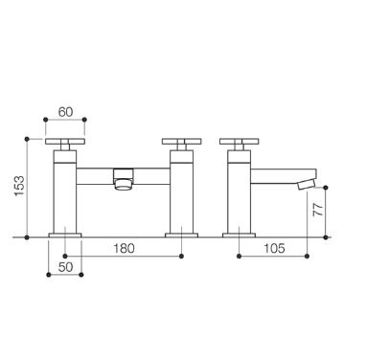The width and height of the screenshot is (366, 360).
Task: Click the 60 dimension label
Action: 65,112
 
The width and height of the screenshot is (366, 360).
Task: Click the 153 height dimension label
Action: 19,186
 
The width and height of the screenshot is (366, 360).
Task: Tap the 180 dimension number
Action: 125,248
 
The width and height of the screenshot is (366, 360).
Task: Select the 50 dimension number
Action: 65,267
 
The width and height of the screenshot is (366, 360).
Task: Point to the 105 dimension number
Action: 274,248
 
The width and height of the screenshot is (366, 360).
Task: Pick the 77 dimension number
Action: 318,210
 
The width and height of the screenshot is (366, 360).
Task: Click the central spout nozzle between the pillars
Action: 123,179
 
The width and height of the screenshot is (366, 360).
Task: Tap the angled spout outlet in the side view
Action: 306,185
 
